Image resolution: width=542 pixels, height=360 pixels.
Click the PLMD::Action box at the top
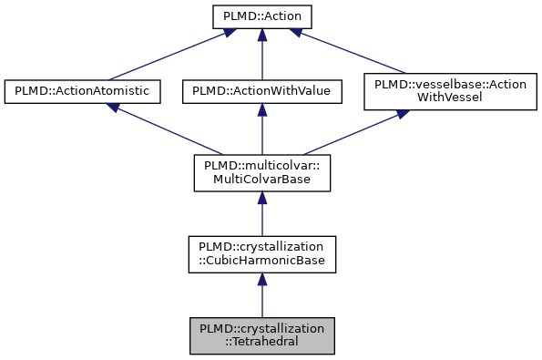click(x=261, y=16)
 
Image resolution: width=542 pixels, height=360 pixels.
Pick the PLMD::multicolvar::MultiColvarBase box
click(x=261, y=172)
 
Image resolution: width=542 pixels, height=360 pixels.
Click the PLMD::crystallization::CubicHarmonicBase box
click(x=261, y=254)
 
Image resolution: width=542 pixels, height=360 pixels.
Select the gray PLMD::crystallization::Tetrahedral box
click(x=261, y=336)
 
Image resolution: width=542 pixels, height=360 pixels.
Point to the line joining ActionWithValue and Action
click(x=261, y=57)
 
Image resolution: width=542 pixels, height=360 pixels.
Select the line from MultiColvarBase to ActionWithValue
click(x=261, y=132)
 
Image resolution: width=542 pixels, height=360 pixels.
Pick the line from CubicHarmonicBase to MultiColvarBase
click(x=261, y=217)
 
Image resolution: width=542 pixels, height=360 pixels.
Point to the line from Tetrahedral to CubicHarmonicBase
click(x=261, y=299)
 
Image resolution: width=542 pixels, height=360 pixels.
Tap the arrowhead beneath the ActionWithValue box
click(x=261, y=109)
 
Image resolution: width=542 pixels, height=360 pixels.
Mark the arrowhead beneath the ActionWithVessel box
click(x=402, y=116)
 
